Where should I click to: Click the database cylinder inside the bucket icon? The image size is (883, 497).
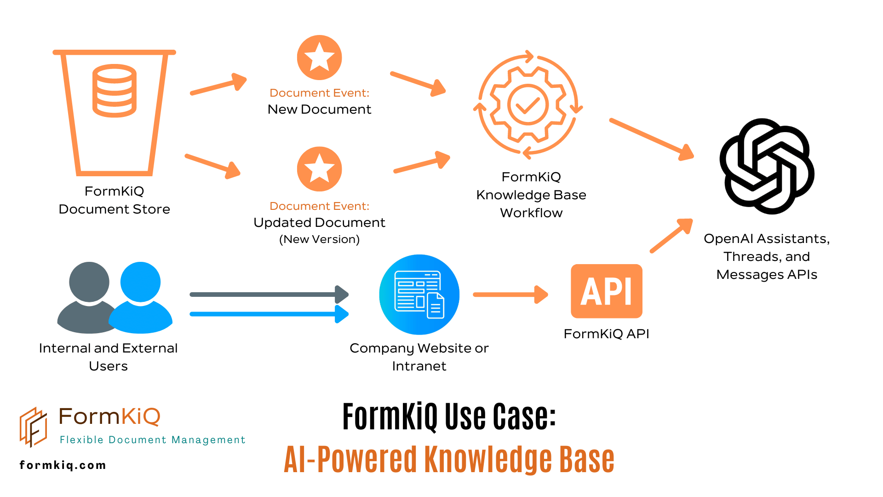pyautogui.click(x=115, y=91)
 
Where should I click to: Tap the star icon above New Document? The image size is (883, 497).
pyautogui.click(x=319, y=58)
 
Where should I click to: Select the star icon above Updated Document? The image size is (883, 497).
pyautogui.click(x=319, y=169)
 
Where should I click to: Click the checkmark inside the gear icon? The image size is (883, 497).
pyautogui.click(x=528, y=105)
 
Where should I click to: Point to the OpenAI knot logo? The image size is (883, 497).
pyautogui.click(x=767, y=166)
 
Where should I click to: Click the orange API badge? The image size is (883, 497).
pyautogui.click(x=606, y=291)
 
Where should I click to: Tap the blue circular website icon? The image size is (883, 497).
pyautogui.click(x=419, y=295)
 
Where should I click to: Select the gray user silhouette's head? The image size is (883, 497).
pyautogui.click(x=89, y=282)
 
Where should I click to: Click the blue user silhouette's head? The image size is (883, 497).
pyautogui.click(x=140, y=282)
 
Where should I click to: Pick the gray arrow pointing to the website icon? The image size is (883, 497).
pyautogui.click(x=269, y=295)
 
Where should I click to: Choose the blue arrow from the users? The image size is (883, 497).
pyautogui.click(x=269, y=314)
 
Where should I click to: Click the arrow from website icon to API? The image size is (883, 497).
pyautogui.click(x=510, y=295)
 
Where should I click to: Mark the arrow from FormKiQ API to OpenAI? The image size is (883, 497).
pyautogui.click(x=671, y=236)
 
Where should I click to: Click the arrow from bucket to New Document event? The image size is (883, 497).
pyautogui.click(x=219, y=85)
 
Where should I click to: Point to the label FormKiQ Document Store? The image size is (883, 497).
pyautogui.click(x=114, y=200)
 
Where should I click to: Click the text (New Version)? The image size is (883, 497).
pyautogui.click(x=319, y=239)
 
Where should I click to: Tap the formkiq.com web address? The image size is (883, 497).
pyautogui.click(x=63, y=465)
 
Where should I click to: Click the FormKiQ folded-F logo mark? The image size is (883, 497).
pyautogui.click(x=33, y=427)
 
